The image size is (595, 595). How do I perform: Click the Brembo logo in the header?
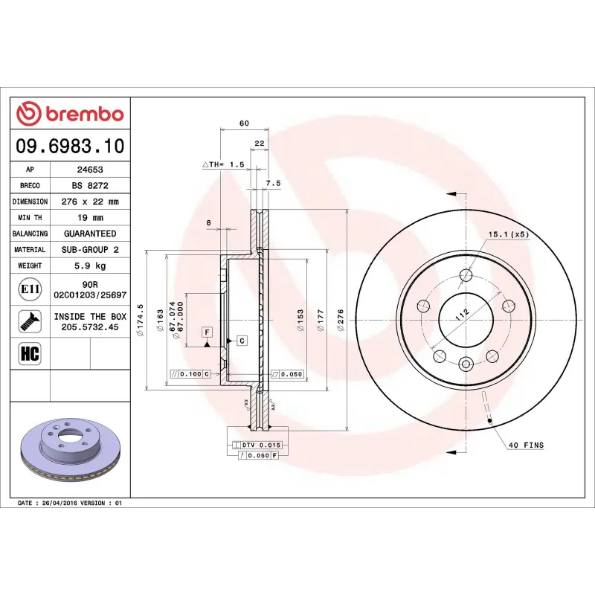[70, 114]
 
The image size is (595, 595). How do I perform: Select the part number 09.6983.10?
[70, 147]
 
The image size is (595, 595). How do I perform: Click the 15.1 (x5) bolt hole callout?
[508, 234]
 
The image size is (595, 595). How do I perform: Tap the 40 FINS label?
[525, 446]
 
